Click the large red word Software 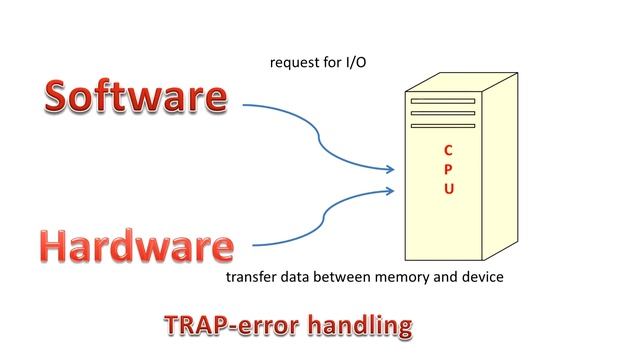pyautogui.click(x=135, y=97)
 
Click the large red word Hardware pyautogui.click(x=137, y=246)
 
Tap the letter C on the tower pyautogui.click(x=449, y=151)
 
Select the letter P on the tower pyautogui.click(x=449, y=170)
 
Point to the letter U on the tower pyautogui.click(x=449, y=189)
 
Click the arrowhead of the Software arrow pyautogui.click(x=391, y=171)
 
